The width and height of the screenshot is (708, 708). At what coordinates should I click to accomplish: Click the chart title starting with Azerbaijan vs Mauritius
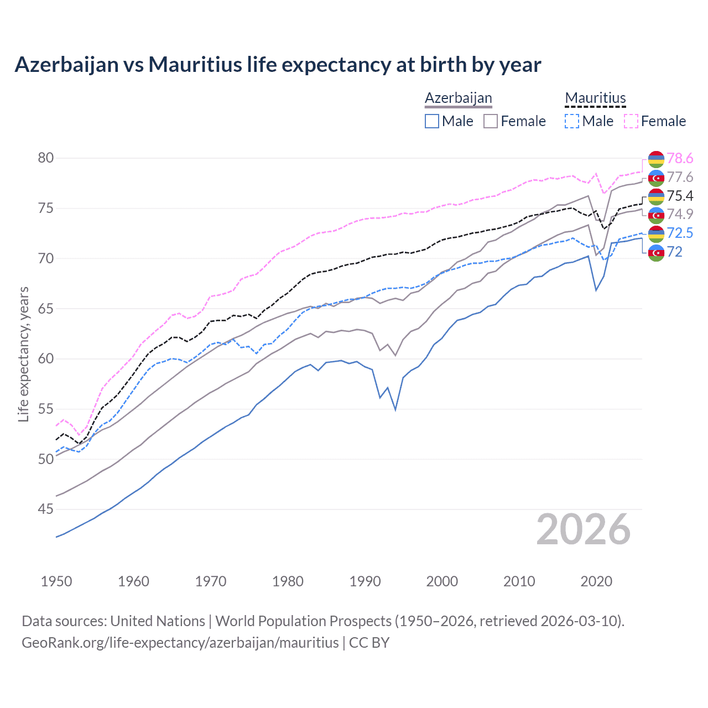coord(278,65)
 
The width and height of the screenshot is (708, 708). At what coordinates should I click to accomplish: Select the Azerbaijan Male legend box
coord(432,121)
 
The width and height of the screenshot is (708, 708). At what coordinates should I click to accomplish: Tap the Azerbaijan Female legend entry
coord(514,121)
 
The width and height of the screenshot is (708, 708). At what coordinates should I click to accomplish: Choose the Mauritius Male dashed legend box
coord(572,121)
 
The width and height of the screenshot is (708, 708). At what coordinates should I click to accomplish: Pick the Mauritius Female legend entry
coord(655,121)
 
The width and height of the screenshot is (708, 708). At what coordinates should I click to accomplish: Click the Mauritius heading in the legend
coord(595,98)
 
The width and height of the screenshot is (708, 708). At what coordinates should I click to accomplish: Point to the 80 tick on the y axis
coord(46,158)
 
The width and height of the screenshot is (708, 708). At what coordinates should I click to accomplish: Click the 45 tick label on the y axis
coord(46,509)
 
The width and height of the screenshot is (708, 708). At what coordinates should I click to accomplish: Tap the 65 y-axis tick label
coord(46,309)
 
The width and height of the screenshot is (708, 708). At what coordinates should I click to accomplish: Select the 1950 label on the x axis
coord(56,581)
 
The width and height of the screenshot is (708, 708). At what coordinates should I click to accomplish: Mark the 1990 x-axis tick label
coord(365,581)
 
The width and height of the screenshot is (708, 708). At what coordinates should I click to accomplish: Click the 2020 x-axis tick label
coord(596,581)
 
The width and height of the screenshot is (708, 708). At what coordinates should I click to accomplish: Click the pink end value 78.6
coord(680,159)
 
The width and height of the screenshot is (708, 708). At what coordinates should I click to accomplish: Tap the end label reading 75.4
coord(680,196)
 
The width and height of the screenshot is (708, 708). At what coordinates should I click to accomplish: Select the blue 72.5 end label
coord(680,233)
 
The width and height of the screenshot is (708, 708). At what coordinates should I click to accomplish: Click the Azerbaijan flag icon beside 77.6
coord(656,178)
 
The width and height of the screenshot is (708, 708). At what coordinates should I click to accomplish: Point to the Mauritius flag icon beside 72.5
coord(656,233)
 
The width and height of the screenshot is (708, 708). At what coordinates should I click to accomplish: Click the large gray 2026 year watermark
coord(583,529)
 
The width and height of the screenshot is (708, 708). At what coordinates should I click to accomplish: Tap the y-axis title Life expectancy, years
coord(24,354)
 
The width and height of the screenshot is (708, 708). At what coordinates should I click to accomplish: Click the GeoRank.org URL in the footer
coord(180,643)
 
